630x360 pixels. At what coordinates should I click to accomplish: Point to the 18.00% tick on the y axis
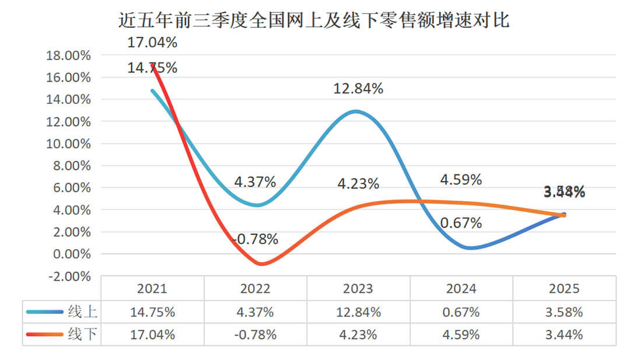tap(69, 55)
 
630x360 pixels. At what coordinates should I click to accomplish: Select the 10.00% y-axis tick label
tap(69, 144)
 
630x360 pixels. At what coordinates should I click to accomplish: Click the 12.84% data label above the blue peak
tap(358, 89)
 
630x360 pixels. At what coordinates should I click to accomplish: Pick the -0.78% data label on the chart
tap(255, 239)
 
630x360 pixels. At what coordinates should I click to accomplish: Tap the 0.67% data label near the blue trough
tap(461, 223)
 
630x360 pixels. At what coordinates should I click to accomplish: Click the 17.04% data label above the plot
tap(152, 43)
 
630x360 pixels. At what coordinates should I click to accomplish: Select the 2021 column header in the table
tap(152, 289)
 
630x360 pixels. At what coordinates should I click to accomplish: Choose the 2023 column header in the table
tap(358, 289)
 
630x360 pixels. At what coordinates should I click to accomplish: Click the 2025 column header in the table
tap(564, 289)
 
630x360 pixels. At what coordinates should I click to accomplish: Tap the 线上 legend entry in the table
tap(61, 312)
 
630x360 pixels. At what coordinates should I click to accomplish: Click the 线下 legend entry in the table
tap(61, 334)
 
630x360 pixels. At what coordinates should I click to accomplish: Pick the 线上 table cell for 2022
tap(255, 312)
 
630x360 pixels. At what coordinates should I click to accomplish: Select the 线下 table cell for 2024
tap(461, 334)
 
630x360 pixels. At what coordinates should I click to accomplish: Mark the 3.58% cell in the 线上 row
tap(564, 312)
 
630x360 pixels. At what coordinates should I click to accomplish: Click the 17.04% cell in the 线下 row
tap(152, 334)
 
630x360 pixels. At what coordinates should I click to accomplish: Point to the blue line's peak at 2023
tap(356, 111)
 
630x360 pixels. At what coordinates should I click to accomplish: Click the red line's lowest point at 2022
tap(261, 264)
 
